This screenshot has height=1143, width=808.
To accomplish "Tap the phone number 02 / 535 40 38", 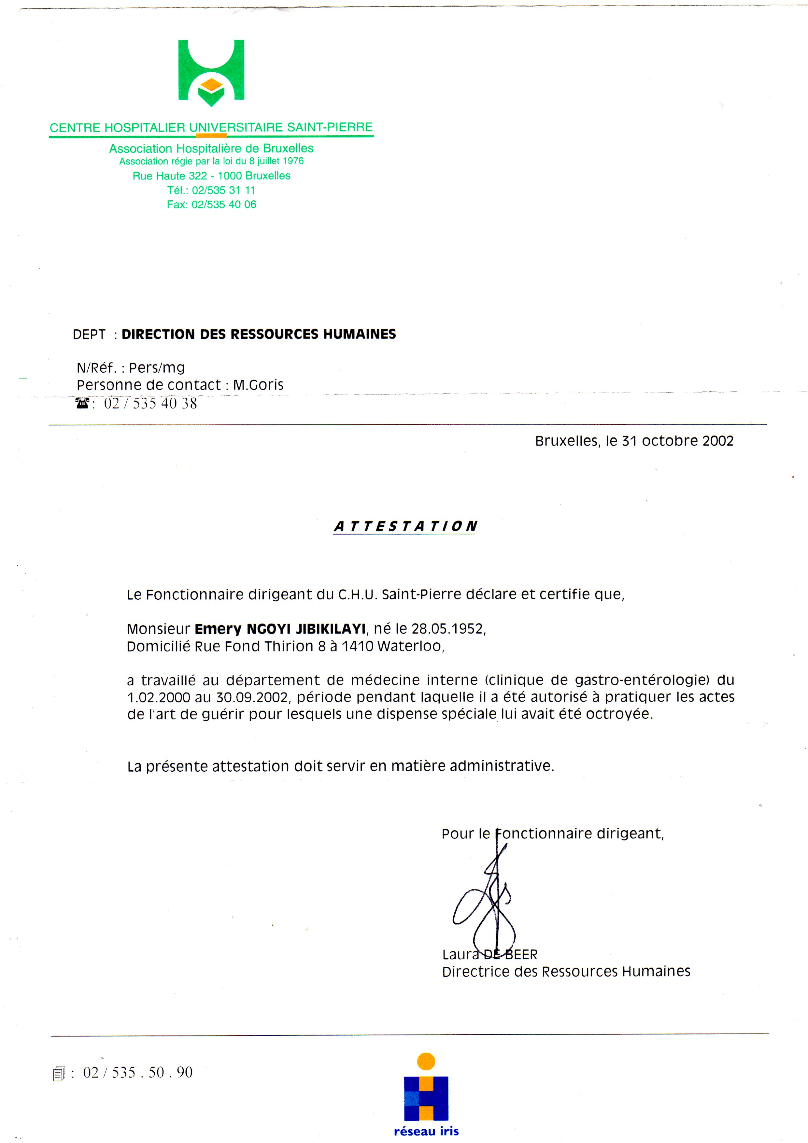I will click(150, 403).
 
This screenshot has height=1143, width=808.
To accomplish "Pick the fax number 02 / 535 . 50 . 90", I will click(137, 1072).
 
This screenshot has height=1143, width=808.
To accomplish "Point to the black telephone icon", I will click(82, 403).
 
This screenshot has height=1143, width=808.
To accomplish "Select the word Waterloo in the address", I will click(409, 646).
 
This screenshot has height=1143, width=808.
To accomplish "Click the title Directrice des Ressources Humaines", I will click(566, 971).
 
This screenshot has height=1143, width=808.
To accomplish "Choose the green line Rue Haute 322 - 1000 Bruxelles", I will click(211, 176).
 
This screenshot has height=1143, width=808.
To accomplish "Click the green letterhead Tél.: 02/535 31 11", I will click(211, 190).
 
